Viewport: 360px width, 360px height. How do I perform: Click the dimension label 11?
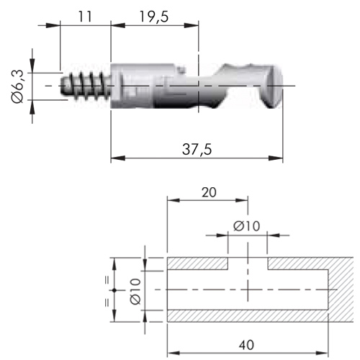(x=85, y=17)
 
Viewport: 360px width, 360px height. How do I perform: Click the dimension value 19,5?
(x=154, y=17)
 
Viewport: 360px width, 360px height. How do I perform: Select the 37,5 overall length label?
(x=197, y=149)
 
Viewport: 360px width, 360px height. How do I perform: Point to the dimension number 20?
(x=209, y=192)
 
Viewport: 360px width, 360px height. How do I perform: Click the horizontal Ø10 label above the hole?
(x=246, y=226)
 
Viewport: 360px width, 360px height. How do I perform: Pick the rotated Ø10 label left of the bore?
(x=135, y=292)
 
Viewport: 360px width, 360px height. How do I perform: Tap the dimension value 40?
(x=246, y=345)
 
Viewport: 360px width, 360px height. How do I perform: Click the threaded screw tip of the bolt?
(x=86, y=86)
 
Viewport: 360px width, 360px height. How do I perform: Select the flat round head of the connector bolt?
(x=274, y=86)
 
